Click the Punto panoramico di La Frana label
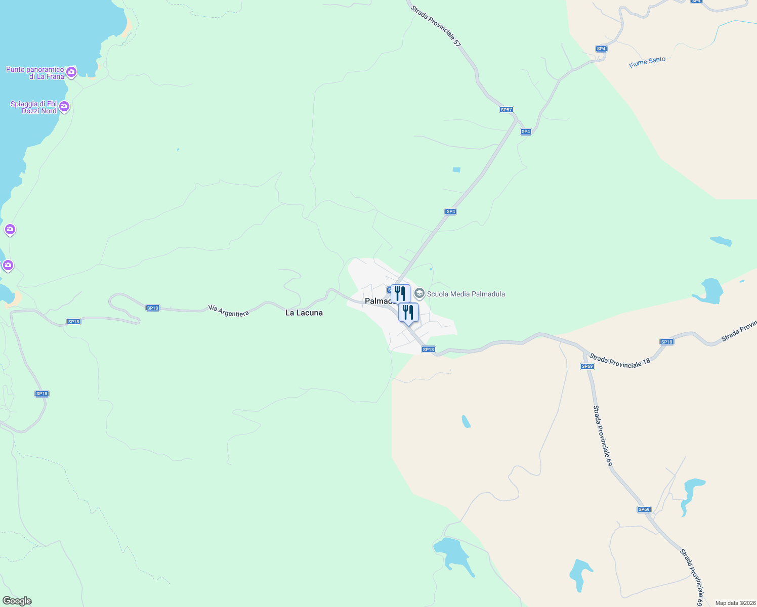coord(34,73)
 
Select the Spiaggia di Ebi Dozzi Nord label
coord(34,107)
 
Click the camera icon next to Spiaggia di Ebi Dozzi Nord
coord(64,107)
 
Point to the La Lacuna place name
coord(304,313)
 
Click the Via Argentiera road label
coord(229,311)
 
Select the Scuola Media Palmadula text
coord(466,294)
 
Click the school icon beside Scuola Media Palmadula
coord(419,293)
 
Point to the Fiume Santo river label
coord(647,62)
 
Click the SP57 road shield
coord(506,110)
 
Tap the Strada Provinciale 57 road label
coord(436,26)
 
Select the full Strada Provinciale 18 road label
coord(619,360)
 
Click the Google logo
coord(17,601)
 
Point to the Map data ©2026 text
coord(734,603)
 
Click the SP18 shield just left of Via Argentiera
coord(152,308)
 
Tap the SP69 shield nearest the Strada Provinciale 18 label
coord(587,366)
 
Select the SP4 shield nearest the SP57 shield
coord(526,132)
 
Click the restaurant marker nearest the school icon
coord(400,293)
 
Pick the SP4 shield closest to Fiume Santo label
coord(601,49)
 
